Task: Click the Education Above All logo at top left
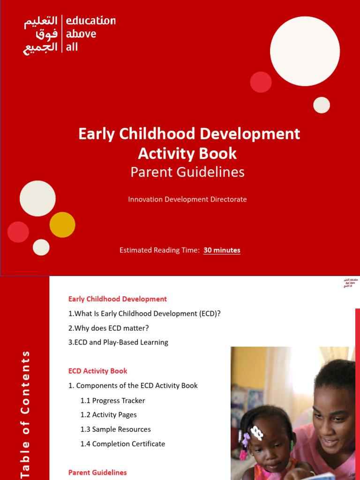(69, 34)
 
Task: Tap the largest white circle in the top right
(305, 51)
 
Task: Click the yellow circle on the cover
(62, 225)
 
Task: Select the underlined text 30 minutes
(222, 250)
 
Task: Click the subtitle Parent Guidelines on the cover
(187, 172)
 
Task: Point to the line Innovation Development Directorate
(187, 199)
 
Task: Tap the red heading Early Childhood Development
(118, 299)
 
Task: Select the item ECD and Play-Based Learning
(118, 342)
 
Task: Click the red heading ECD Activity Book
(98, 371)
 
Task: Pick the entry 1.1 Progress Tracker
(112, 400)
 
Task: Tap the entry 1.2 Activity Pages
(108, 415)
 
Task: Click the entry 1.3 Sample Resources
(115, 429)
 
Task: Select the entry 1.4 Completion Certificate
(122, 443)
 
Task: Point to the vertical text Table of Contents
(25, 414)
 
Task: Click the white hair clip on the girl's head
(256, 432)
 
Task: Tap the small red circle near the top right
(261, 82)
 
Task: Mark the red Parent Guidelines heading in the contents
(97, 472)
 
